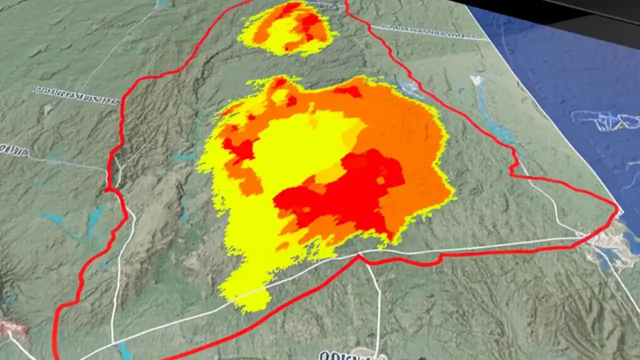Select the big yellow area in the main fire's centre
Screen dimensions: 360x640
[300, 150]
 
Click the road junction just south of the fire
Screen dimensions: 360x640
[358, 255]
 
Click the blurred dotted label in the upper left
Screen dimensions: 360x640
[77, 95]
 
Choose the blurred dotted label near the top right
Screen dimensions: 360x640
[430, 32]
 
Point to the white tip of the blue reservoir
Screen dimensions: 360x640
[476, 80]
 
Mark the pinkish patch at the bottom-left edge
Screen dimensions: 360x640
[12, 327]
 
